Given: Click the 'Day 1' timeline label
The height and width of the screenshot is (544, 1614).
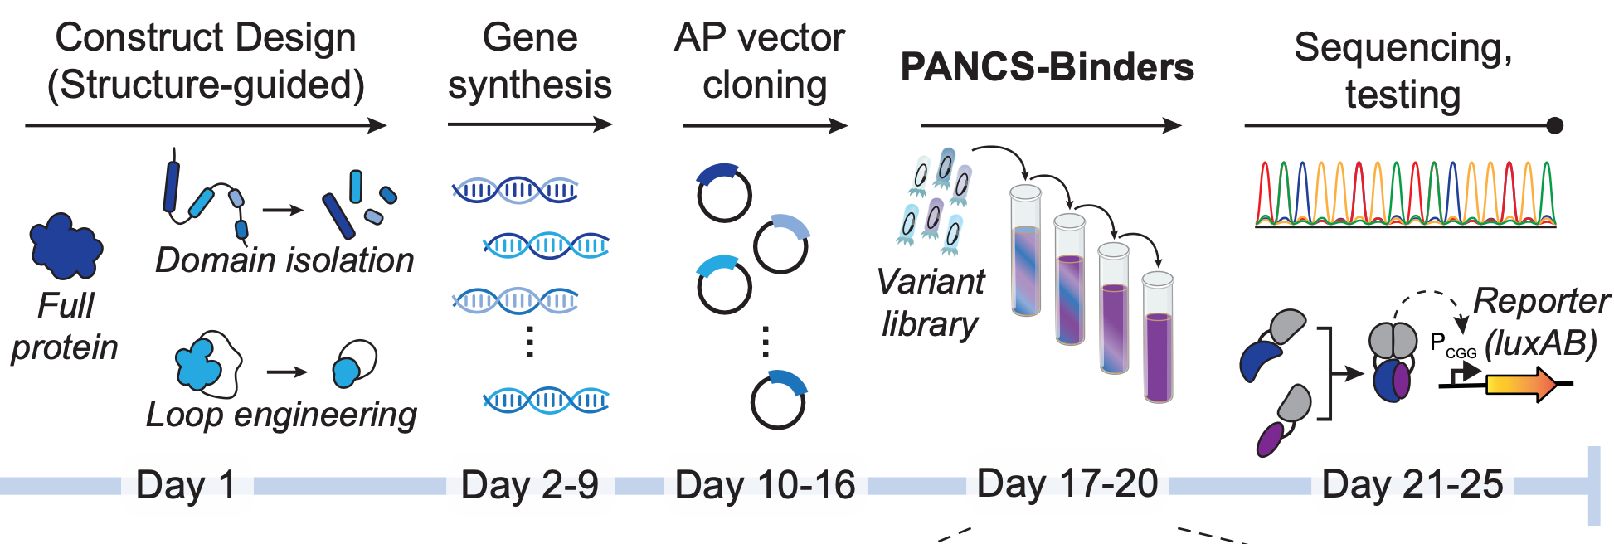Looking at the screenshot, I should (x=185, y=485).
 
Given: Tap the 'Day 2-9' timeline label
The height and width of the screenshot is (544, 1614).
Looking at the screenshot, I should (x=529, y=485).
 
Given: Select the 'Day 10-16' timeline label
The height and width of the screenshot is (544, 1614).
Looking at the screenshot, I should (x=765, y=485).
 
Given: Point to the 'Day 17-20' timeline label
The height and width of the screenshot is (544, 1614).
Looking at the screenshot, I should (x=1067, y=483).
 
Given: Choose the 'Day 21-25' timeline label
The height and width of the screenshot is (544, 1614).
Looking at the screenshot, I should (x=1412, y=484).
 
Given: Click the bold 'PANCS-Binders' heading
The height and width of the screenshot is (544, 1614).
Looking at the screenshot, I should (x=1047, y=67).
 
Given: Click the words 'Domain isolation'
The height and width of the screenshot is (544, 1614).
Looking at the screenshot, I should (x=284, y=260).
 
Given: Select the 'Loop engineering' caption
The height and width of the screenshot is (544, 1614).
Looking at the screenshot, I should (x=281, y=415).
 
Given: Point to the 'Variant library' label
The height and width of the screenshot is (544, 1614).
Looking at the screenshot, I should (x=930, y=303).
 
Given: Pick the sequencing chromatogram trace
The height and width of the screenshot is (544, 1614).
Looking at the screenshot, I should (x=1405, y=195).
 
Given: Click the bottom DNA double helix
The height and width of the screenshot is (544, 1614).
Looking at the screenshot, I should (x=546, y=401).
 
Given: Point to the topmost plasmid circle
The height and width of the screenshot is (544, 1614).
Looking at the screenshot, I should (x=723, y=193).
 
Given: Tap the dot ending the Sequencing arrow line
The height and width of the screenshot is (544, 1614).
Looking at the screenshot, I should (x=1554, y=126).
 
